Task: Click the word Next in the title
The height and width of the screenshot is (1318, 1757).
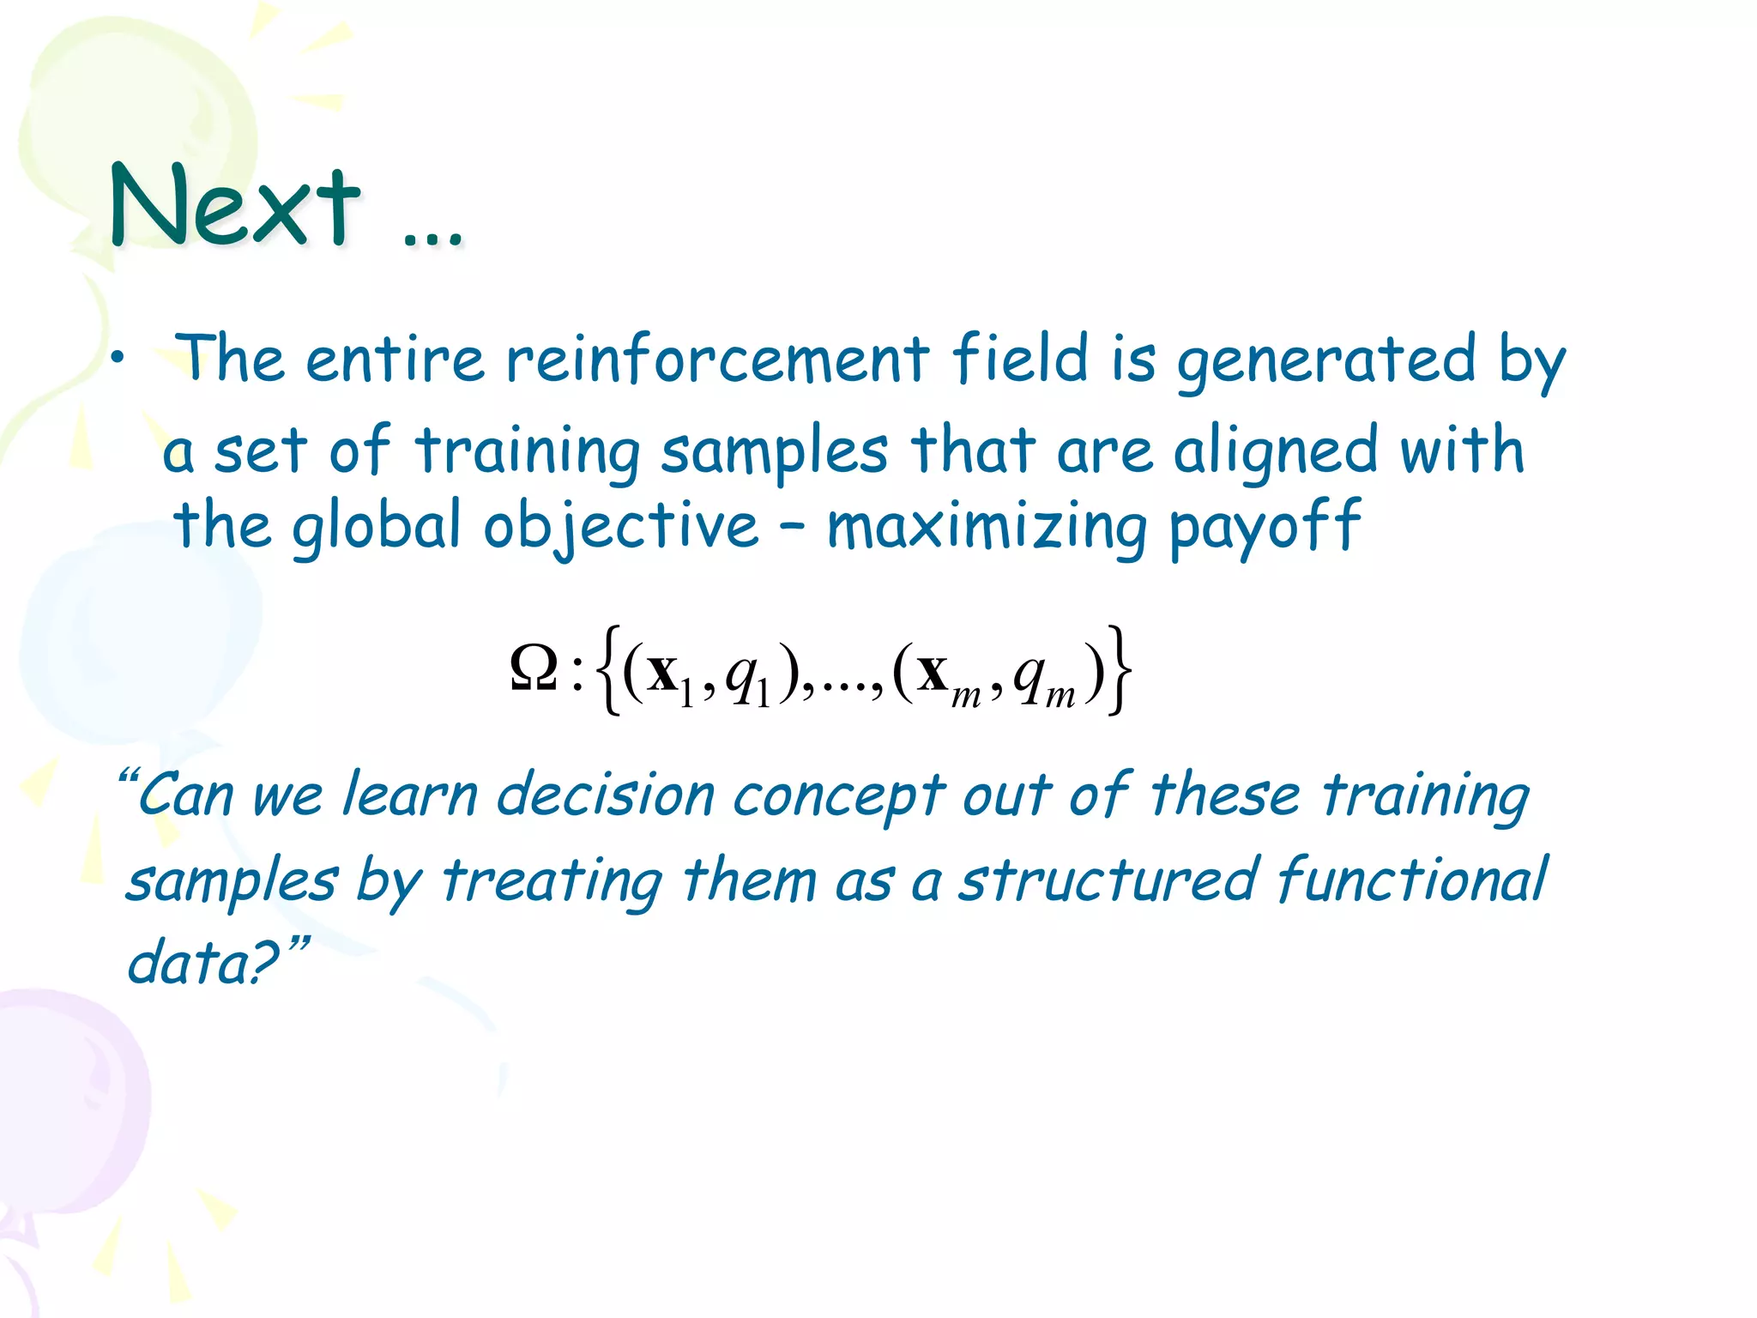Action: coord(234,206)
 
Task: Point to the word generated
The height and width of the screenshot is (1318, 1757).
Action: coord(1326,360)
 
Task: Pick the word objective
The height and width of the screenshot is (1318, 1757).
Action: coord(620,526)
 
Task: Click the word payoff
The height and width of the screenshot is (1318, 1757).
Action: coord(1265,526)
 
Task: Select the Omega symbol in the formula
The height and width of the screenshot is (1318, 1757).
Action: coord(534,670)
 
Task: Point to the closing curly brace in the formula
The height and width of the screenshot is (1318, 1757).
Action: coord(1118,670)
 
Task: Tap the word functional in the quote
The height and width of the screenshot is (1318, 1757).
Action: coord(1412,880)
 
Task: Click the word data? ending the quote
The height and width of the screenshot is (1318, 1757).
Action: coord(206,962)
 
